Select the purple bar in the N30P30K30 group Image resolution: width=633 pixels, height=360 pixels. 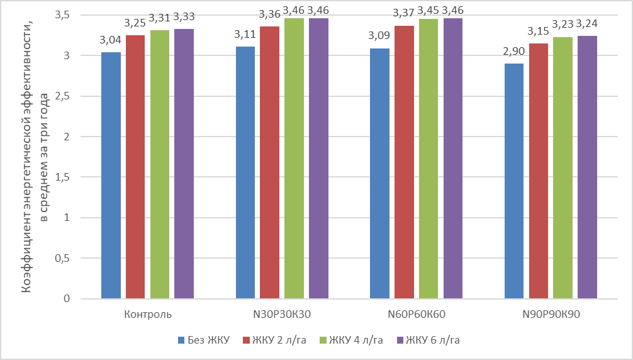[318, 158]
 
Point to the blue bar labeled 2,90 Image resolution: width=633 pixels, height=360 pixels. [514, 181]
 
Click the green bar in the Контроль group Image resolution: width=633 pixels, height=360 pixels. [160, 164]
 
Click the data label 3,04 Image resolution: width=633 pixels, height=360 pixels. [111, 41]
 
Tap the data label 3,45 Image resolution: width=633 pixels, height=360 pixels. [429, 9]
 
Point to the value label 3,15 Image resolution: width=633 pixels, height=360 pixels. [539, 31]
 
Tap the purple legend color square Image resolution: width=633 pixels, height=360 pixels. [400, 340]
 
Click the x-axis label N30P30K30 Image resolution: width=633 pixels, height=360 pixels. [282, 314]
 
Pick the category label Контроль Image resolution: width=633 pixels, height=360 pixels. [148, 314]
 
